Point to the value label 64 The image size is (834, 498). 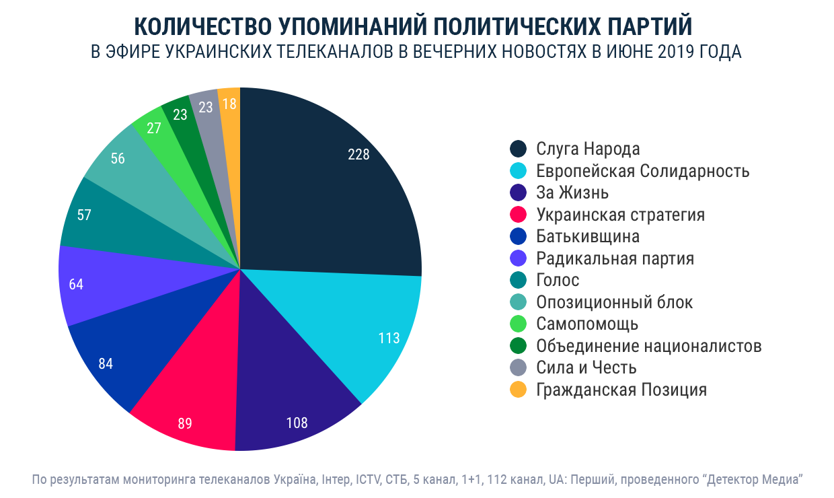(x=76, y=284)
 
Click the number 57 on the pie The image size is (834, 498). (x=84, y=216)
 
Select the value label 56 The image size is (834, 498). (x=118, y=159)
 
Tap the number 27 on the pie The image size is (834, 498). (x=153, y=129)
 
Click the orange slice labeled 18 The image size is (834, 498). (x=229, y=104)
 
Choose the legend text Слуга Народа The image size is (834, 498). (x=588, y=149)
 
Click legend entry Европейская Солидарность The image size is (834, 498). (x=642, y=171)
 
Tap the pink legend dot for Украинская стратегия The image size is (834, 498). (x=518, y=215)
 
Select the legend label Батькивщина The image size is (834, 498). (x=588, y=237)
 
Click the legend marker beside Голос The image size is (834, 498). (x=518, y=281)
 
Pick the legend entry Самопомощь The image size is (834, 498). (x=587, y=324)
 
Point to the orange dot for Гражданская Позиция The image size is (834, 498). (x=518, y=390)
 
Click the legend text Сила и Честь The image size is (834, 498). (x=586, y=368)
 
